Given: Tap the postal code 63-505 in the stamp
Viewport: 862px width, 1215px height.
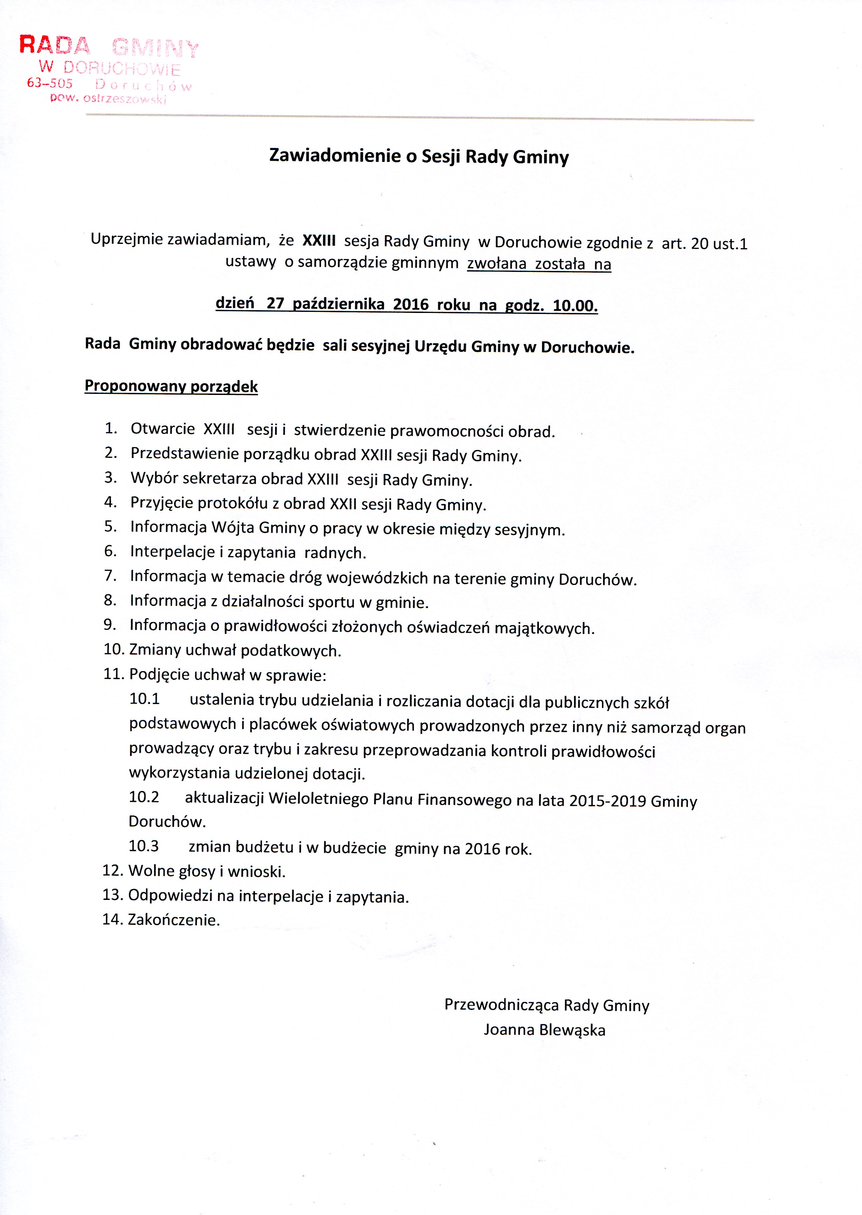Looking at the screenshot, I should tap(50, 83).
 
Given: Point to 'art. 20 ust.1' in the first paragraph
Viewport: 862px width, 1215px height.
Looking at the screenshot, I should tap(704, 244).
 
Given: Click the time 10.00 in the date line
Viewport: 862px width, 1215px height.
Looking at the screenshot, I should tap(575, 306).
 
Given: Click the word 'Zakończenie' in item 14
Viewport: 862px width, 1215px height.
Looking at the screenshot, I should tap(173, 920).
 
